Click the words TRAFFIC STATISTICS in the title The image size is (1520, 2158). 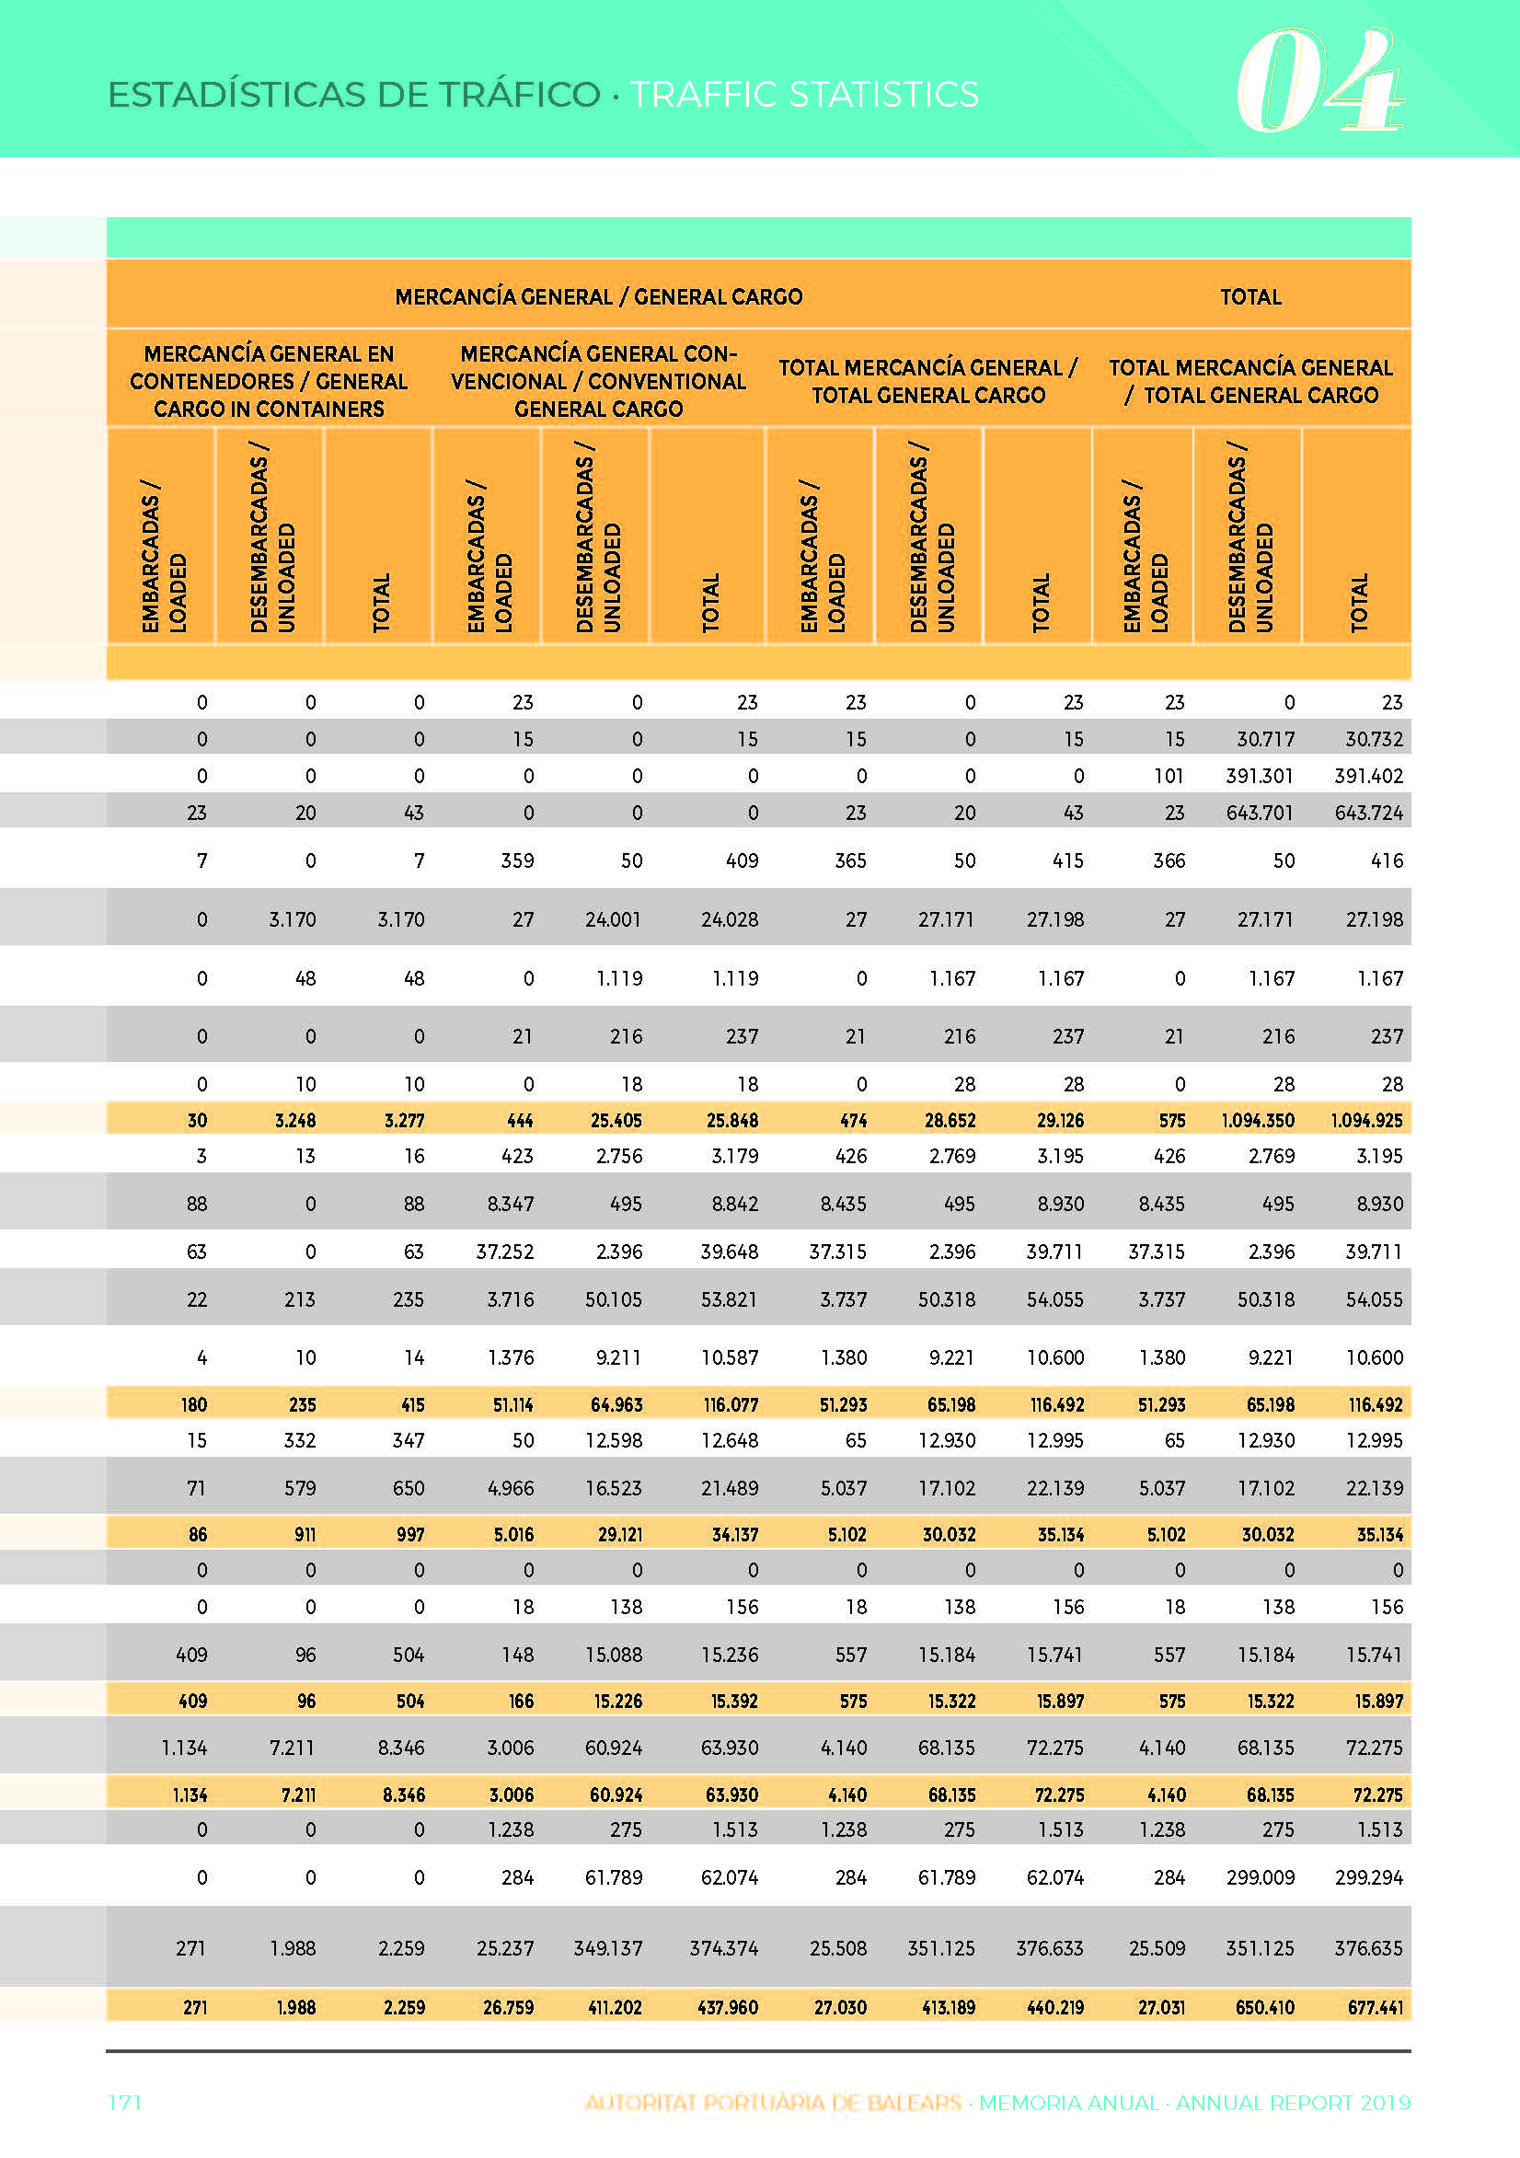[x=804, y=94]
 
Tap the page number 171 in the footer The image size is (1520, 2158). [x=124, y=2103]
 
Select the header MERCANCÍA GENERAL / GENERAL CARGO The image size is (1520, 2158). [x=599, y=297]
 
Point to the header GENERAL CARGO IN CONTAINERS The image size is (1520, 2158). [x=269, y=382]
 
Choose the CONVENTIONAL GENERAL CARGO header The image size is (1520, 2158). [x=599, y=382]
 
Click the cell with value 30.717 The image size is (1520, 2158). [x=1265, y=740]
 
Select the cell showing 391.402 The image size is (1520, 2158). [x=1369, y=777]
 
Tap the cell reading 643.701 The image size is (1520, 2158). [x=1260, y=813]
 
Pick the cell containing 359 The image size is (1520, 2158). [x=517, y=861]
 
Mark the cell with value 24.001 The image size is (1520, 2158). [x=613, y=919]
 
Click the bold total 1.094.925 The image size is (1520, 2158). [x=1366, y=1120]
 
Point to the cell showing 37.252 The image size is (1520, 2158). [x=505, y=1252]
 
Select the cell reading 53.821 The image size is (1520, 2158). [x=730, y=1300]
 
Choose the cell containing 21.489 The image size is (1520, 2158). [x=730, y=1489]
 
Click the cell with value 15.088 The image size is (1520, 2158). [x=614, y=1656]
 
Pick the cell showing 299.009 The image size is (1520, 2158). [x=1261, y=1878]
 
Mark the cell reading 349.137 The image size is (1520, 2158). [x=608, y=1949]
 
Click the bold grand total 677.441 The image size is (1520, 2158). [x=1376, y=2009]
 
